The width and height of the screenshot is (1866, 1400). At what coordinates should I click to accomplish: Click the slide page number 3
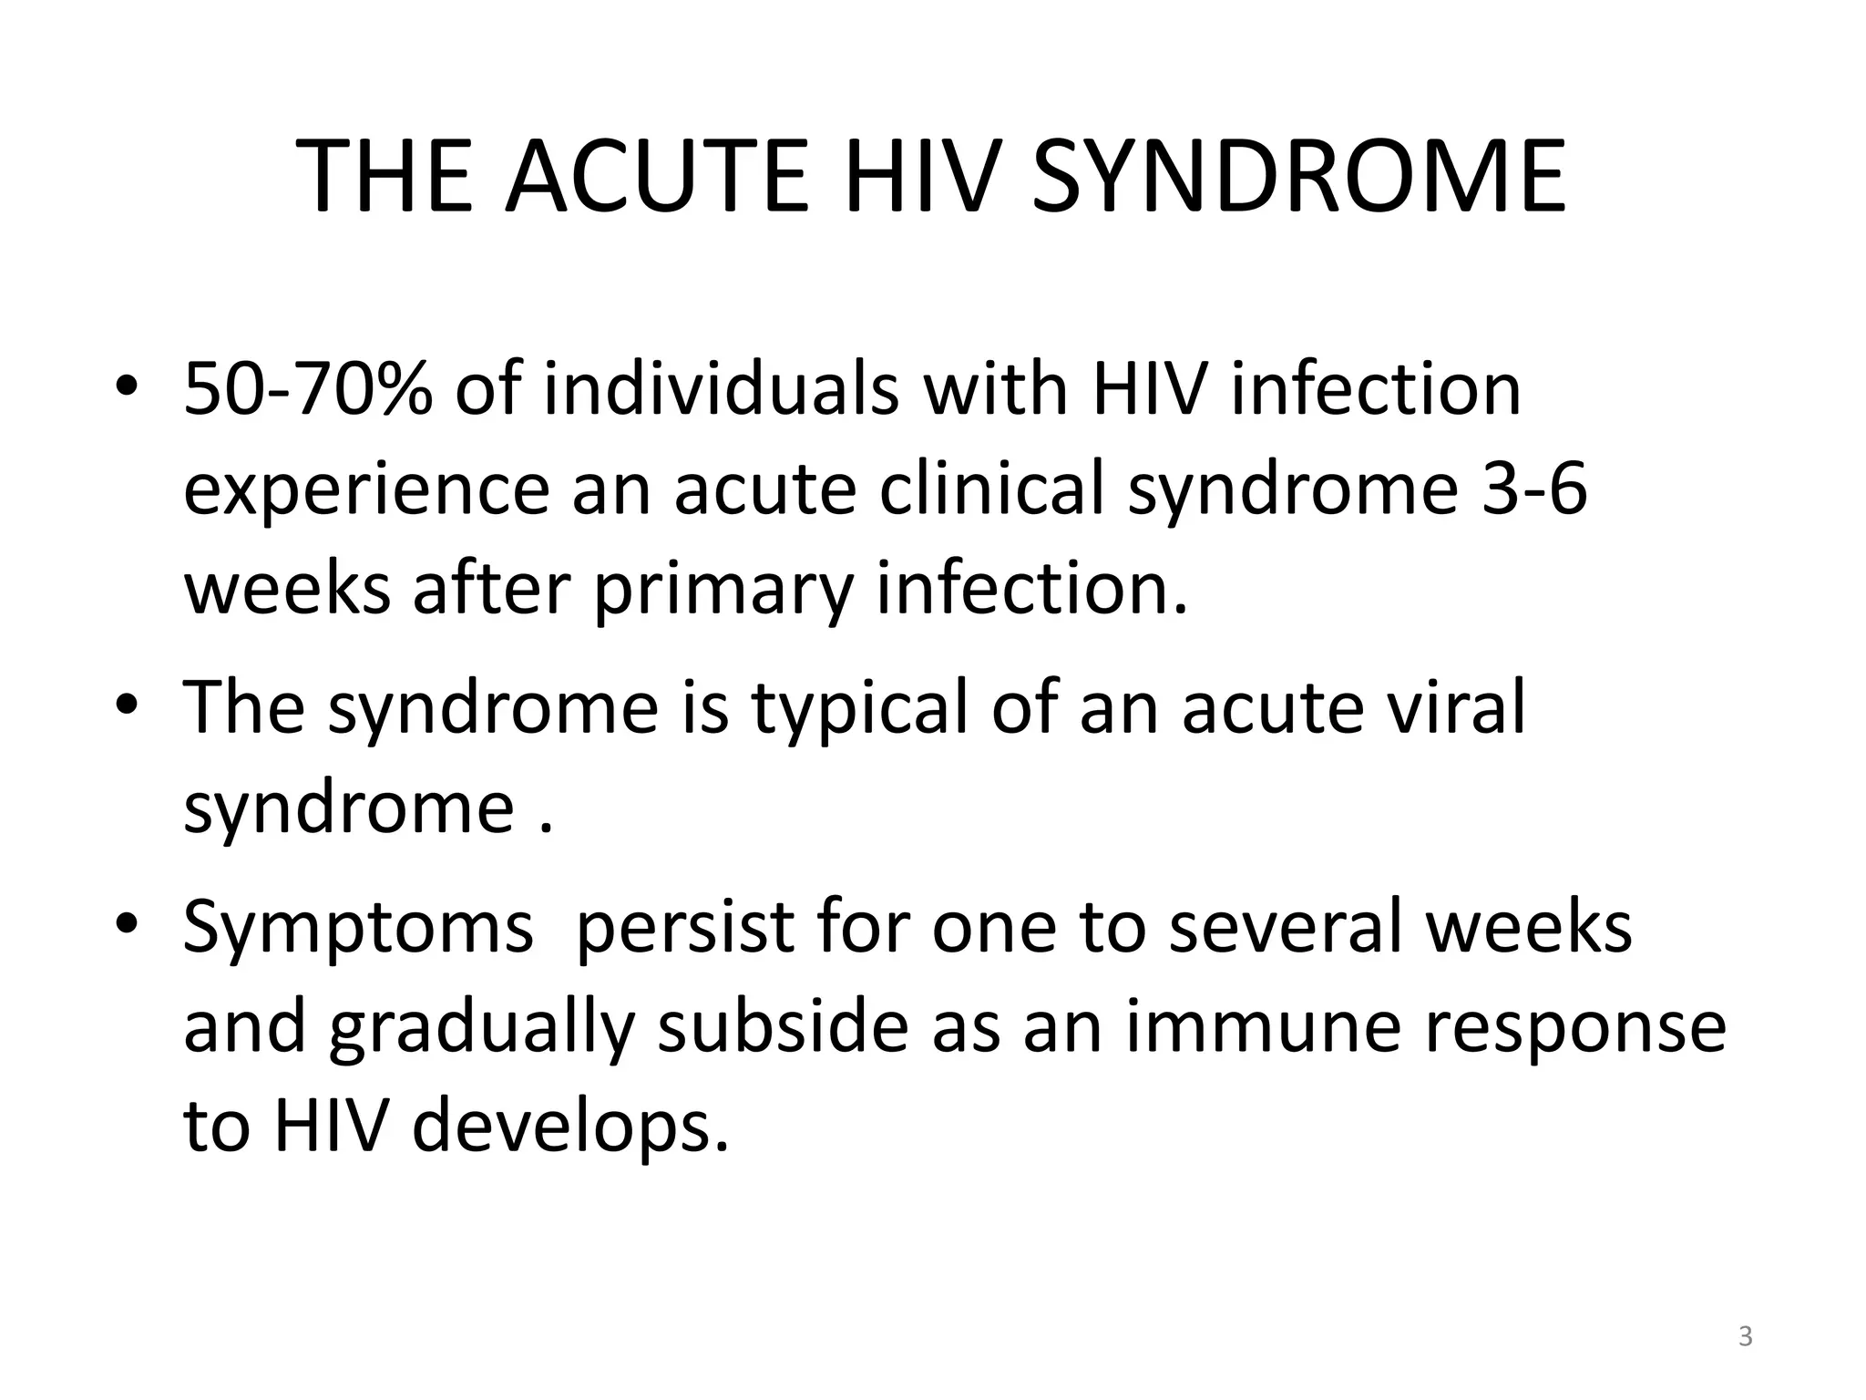tap(1745, 1337)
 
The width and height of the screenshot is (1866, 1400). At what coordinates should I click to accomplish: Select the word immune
tap(1263, 1027)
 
